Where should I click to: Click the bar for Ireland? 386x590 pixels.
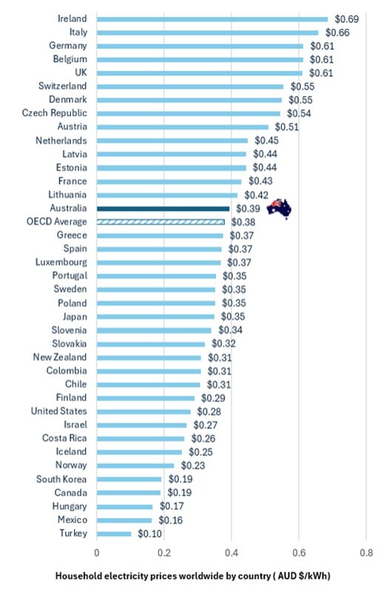pyautogui.click(x=212, y=18)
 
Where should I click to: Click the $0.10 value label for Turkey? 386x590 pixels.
pyautogui.click(x=150, y=533)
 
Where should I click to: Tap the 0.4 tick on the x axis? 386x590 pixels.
pyautogui.click(x=231, y=552)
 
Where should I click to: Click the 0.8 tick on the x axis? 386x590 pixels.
pyautogui.click(x=365, y=552)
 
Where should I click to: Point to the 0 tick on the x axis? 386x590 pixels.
pyautogui.click(x=97, y=552)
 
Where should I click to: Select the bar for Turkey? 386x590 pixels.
pyautogui.click(x=114, y=533)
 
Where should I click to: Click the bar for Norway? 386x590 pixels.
pyautogui.click(x=135, y=465)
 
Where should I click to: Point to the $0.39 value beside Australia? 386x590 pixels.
pyautogui.click(x=247, y=208)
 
